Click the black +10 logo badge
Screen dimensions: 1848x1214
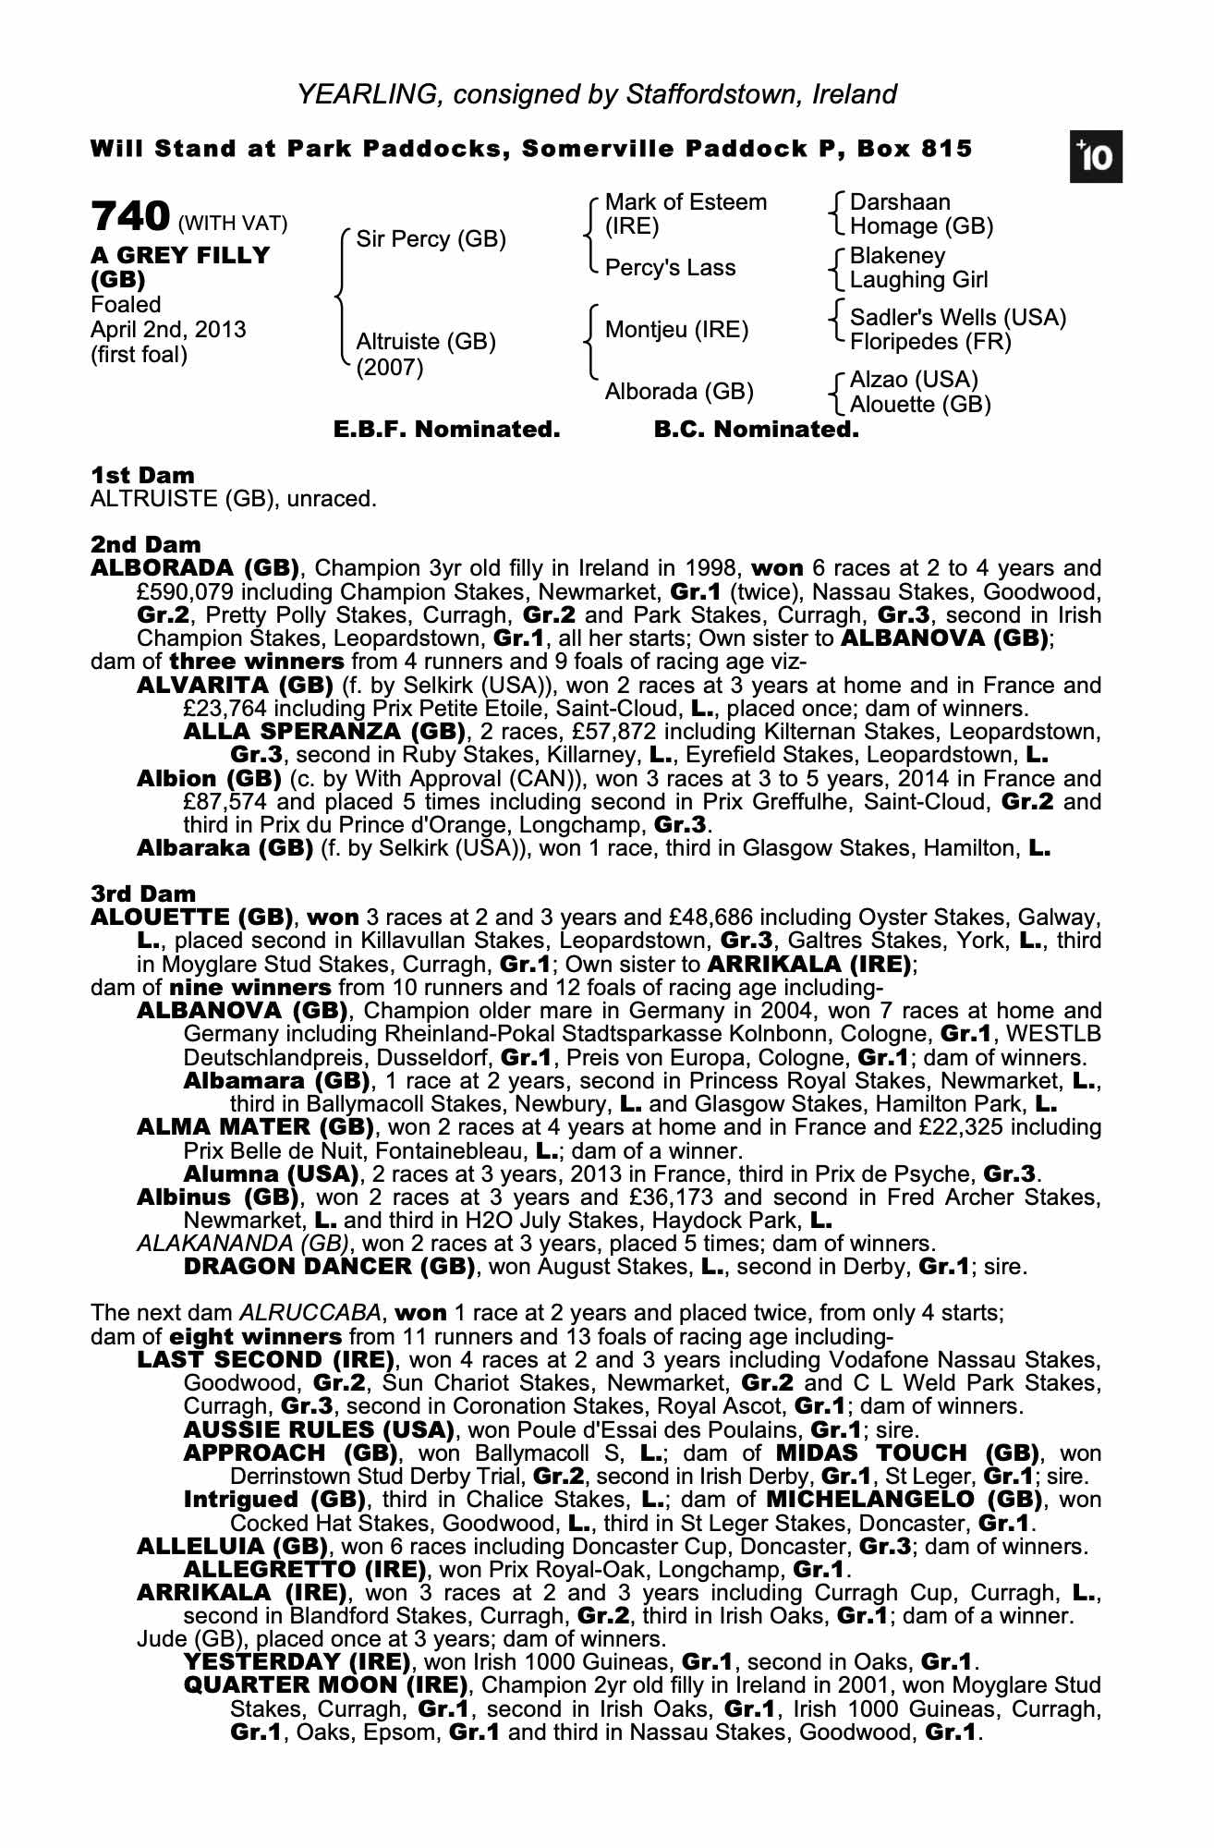pos(1096,158)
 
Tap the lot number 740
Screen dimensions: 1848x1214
pos(130,217)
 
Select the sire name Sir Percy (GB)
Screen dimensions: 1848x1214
pos(431,239)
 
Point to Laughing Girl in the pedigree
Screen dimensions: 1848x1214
pos(918,280)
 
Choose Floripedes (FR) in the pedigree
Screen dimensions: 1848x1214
pos(929,342)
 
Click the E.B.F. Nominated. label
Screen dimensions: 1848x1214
pos(446,430)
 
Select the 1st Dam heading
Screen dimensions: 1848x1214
pos(142,476)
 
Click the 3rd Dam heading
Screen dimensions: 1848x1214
pos(143,894)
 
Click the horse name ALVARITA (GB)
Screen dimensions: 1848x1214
pos(235,686)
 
